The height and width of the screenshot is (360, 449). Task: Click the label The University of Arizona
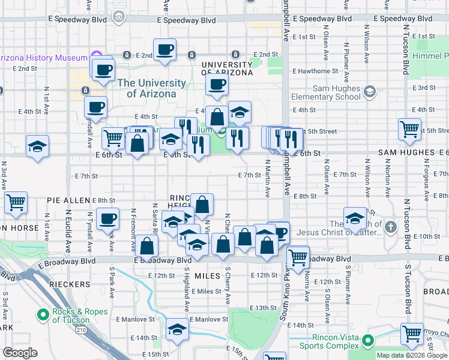[x=151, y=88]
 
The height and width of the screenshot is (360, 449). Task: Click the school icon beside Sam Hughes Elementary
[x=370, y=92]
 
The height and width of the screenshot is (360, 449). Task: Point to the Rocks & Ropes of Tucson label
[x=80, y=315]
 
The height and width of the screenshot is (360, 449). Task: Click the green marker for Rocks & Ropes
[x=43, y=314]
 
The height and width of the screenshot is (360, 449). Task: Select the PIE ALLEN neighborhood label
[x=68, y=200]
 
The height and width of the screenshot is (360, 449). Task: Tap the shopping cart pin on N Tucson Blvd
[x=409, y=128]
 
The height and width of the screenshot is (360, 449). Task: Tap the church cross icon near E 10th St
[x=391, y=227]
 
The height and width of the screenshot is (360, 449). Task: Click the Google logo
[x=20, y=353]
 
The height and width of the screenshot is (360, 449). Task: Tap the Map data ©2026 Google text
[x=412, y=355]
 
